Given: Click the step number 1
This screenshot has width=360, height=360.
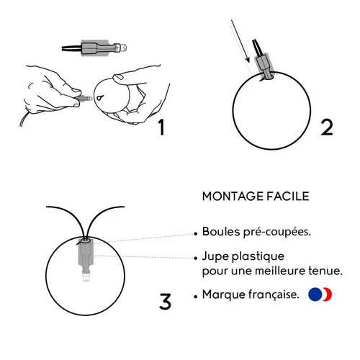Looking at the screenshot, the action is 162,127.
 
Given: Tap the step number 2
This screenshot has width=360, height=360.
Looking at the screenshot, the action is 327,127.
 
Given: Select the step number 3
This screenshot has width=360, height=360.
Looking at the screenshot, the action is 165,301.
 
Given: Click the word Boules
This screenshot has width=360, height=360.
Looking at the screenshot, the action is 221,232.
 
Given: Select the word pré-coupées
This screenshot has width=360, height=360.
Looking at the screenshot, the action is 277,233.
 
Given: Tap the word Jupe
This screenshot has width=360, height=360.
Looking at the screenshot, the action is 215,257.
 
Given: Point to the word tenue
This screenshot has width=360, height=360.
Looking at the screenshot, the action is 325,271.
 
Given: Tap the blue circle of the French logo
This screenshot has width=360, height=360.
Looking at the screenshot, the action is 315,294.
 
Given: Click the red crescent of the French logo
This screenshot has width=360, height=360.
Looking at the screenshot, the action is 328,294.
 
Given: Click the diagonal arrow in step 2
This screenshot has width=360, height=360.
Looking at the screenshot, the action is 240,41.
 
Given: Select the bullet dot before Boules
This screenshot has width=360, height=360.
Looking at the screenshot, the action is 196,233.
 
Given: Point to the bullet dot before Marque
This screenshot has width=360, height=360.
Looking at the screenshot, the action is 196,297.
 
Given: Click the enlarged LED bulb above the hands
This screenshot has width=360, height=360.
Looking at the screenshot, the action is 94,48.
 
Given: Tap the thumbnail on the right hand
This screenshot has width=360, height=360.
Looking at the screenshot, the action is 118,77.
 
